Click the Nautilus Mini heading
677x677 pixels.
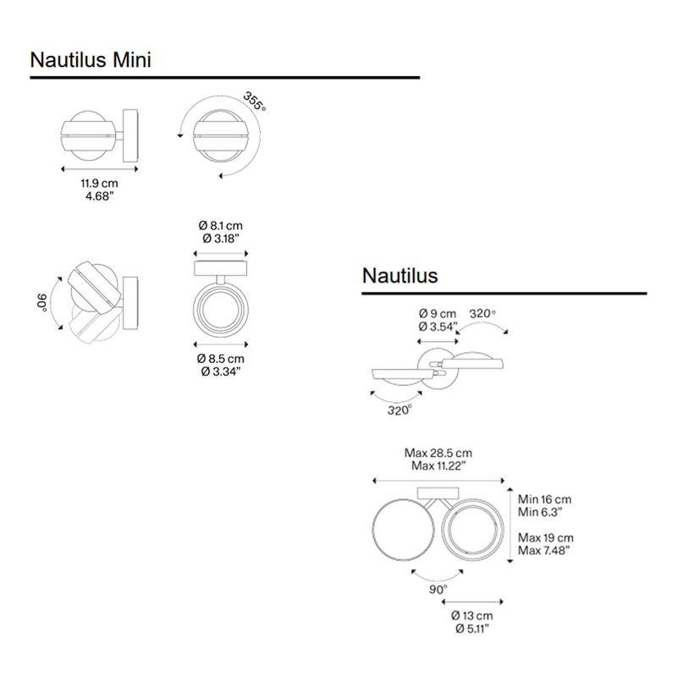point(91,59)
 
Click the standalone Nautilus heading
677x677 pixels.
point(399,276)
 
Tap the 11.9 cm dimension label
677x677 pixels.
point(99,184)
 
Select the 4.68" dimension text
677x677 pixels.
point(99,196)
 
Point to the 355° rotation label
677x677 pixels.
point(255,101)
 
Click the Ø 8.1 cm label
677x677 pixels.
point(221,225)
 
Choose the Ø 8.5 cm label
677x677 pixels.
point(221,358)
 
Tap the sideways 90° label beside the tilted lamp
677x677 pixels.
point(41,302)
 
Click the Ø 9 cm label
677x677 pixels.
point(438,314)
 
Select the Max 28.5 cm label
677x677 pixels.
point(438,453)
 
